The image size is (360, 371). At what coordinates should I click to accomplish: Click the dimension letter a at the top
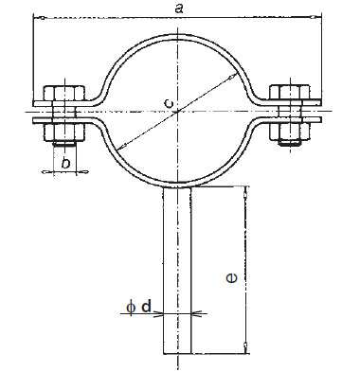(179, 9)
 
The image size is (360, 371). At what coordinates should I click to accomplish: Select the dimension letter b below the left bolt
(65, 164)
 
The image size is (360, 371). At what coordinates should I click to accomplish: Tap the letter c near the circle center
(169, 103)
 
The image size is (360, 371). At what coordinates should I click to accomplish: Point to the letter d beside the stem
(146, 306)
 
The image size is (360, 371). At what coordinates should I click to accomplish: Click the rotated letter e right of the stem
(232, 278)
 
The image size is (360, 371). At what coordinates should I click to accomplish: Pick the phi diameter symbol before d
(131, 308)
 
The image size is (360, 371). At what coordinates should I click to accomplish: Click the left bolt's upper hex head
(64, 93)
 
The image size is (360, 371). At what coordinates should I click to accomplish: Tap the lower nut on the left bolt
(64, 132)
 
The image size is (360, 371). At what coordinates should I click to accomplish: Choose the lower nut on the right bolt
(289, 132)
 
